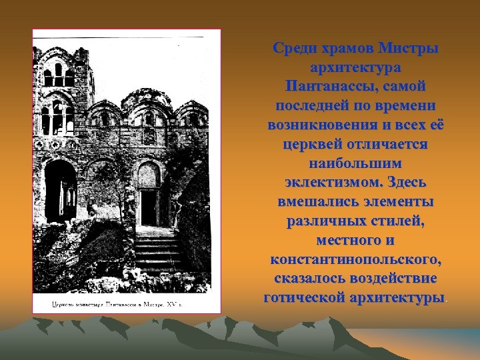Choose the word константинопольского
(355, 258)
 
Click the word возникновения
(319, 125)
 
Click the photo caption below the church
(117, 305)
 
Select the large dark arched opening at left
(61, 190)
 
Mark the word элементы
(396, 201)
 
